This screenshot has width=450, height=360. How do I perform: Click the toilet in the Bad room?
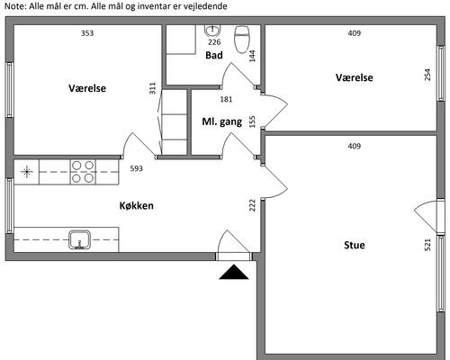point(242,40)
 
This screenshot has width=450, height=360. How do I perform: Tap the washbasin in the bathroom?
point(213,31)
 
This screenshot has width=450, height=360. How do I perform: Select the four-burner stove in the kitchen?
point(83,172)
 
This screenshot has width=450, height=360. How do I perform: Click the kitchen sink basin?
point(79,239)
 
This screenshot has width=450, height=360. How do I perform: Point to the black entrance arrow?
point(234,272)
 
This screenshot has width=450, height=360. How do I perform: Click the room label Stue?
point(355,245)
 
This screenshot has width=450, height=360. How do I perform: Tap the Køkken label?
point(137,205)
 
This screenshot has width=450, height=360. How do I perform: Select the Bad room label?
point(214,55)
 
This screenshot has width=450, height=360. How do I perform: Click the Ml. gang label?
point(222,121)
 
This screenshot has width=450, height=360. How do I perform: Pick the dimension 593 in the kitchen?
point(137,168)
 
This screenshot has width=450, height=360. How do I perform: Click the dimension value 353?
point(87,33)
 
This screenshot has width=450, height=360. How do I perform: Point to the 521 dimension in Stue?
point(427,245)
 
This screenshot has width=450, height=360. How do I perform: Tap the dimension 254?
point(427,75)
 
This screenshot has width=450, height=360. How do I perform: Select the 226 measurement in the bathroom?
point(214,42)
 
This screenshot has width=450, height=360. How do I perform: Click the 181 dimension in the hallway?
point(226,99)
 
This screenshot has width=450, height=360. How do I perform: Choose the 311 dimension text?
point(153,88)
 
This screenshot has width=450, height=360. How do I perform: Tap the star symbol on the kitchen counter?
point(26,172)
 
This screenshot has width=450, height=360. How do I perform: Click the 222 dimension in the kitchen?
point(252,205)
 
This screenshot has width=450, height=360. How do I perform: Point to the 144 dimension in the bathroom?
point(252,56)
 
